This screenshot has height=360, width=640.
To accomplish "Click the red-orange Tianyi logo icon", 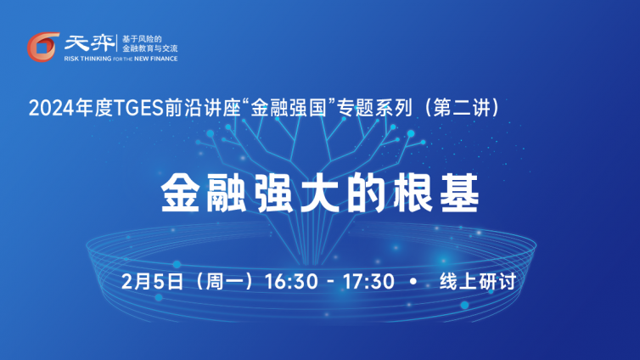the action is (42, 47).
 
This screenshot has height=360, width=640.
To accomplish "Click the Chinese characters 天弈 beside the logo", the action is (89, 43).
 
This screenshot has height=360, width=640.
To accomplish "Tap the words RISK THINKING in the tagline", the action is (87, 59).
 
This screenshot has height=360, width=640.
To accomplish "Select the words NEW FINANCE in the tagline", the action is (156, 59).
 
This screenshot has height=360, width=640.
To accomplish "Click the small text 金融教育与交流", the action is (150, 48).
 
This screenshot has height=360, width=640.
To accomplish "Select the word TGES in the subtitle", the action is (138, 109).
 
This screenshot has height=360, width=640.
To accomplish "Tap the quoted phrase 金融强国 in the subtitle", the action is (289, 108).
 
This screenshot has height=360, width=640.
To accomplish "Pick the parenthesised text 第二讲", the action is (462, 108).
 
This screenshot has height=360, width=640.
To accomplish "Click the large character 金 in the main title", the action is (181, 193).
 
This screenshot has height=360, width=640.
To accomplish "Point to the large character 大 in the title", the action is (319, 193).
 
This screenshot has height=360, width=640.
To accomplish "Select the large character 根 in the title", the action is (413, 193).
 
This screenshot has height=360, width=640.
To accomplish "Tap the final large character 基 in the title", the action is (459, 193).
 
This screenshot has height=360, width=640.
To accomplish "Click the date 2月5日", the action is (152, 282).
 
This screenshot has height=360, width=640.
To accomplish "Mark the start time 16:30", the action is (291, 282).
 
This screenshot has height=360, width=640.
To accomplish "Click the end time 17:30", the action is (368, 282).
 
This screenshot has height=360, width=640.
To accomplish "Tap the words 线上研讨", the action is (478, 282).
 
